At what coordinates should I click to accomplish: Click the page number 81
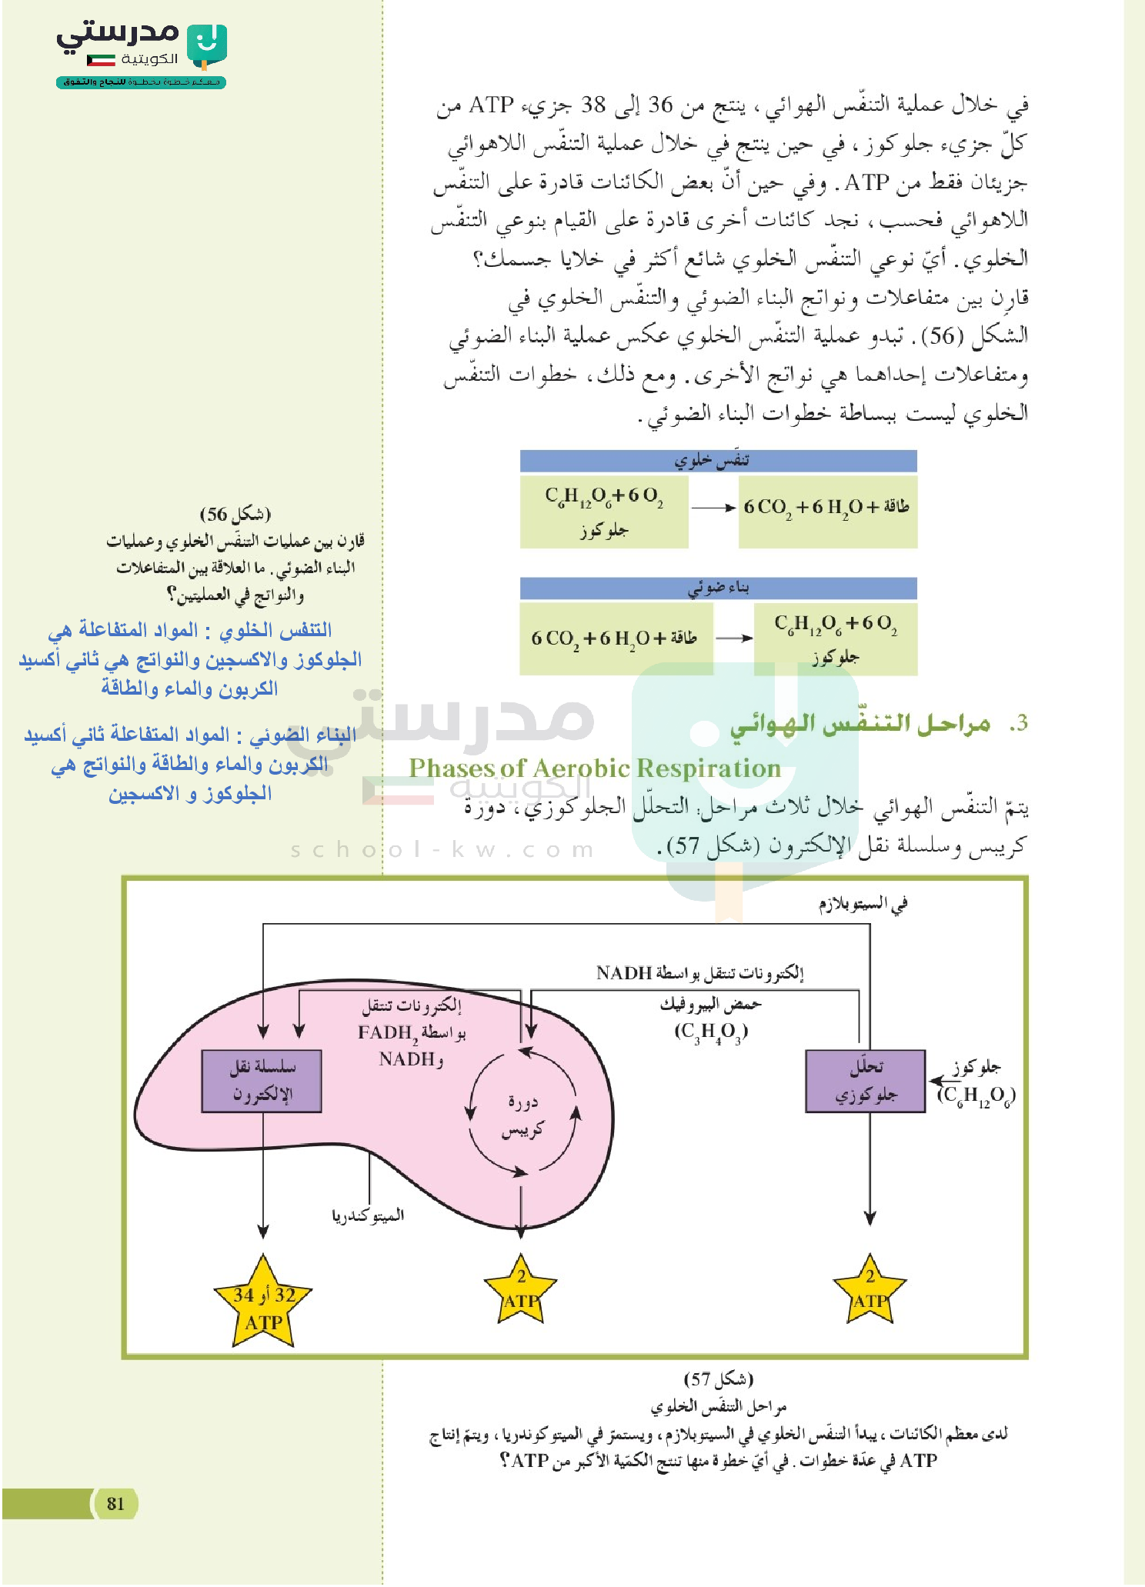pyautogui.click(x=115, y=1503)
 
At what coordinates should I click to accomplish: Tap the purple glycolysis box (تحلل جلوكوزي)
pyautogui.click(x=865, y=1081)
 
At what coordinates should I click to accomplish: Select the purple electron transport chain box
pyautogui.click(x=262, y=1081)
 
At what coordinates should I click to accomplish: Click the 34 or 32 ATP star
pyautogui.click(x=263, y=1307)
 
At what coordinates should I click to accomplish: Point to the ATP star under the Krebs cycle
pyautogui.click(x=521, y=1292)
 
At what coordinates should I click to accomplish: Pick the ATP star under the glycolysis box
pyautogui.click(x=870, y=1292)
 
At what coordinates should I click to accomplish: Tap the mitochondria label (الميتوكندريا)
pyautogui.click(x=368, y=1215)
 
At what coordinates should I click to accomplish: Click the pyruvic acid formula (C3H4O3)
pyautogui.click(x=711, y=1032)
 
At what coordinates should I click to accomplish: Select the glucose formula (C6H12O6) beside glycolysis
pyautogui.click(x=976, y=1095)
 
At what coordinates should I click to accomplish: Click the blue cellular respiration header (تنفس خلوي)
pyautogui.click(x=718, y=460)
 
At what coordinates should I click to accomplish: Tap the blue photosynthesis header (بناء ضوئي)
pyautogui.click(x=718, y=588)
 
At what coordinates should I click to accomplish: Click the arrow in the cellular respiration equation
pyautogui.click(x=713, y=508)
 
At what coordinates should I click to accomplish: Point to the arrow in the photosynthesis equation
pyautogui.click(x=733, y=638)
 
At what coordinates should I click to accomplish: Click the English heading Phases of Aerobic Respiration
pyautogui.click(x=594, y=768)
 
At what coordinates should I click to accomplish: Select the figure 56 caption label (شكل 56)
pyautogui.click(x=235, y=514)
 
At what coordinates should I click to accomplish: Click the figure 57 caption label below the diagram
pyautogui.click(x=718, y=1379)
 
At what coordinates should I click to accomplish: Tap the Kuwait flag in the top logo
pyautogui.click(x=101, y=60)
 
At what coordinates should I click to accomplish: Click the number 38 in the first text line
pyautogui.click(x=593, y=105)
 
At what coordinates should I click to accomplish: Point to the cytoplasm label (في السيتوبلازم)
pyautogui.click(x=863, y=904)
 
